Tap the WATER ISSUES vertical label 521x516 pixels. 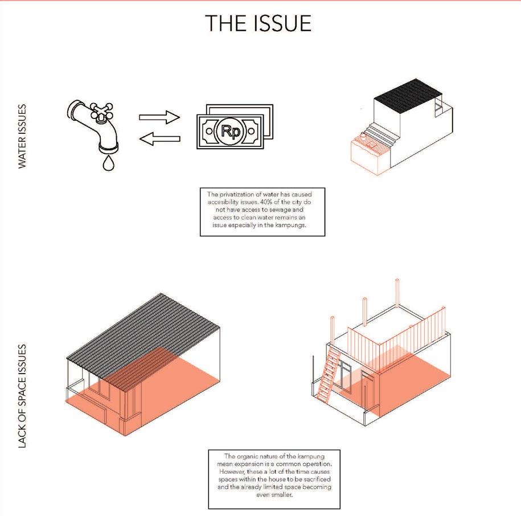22,136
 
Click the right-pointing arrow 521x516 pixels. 159,118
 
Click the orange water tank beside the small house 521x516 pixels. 364,153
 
